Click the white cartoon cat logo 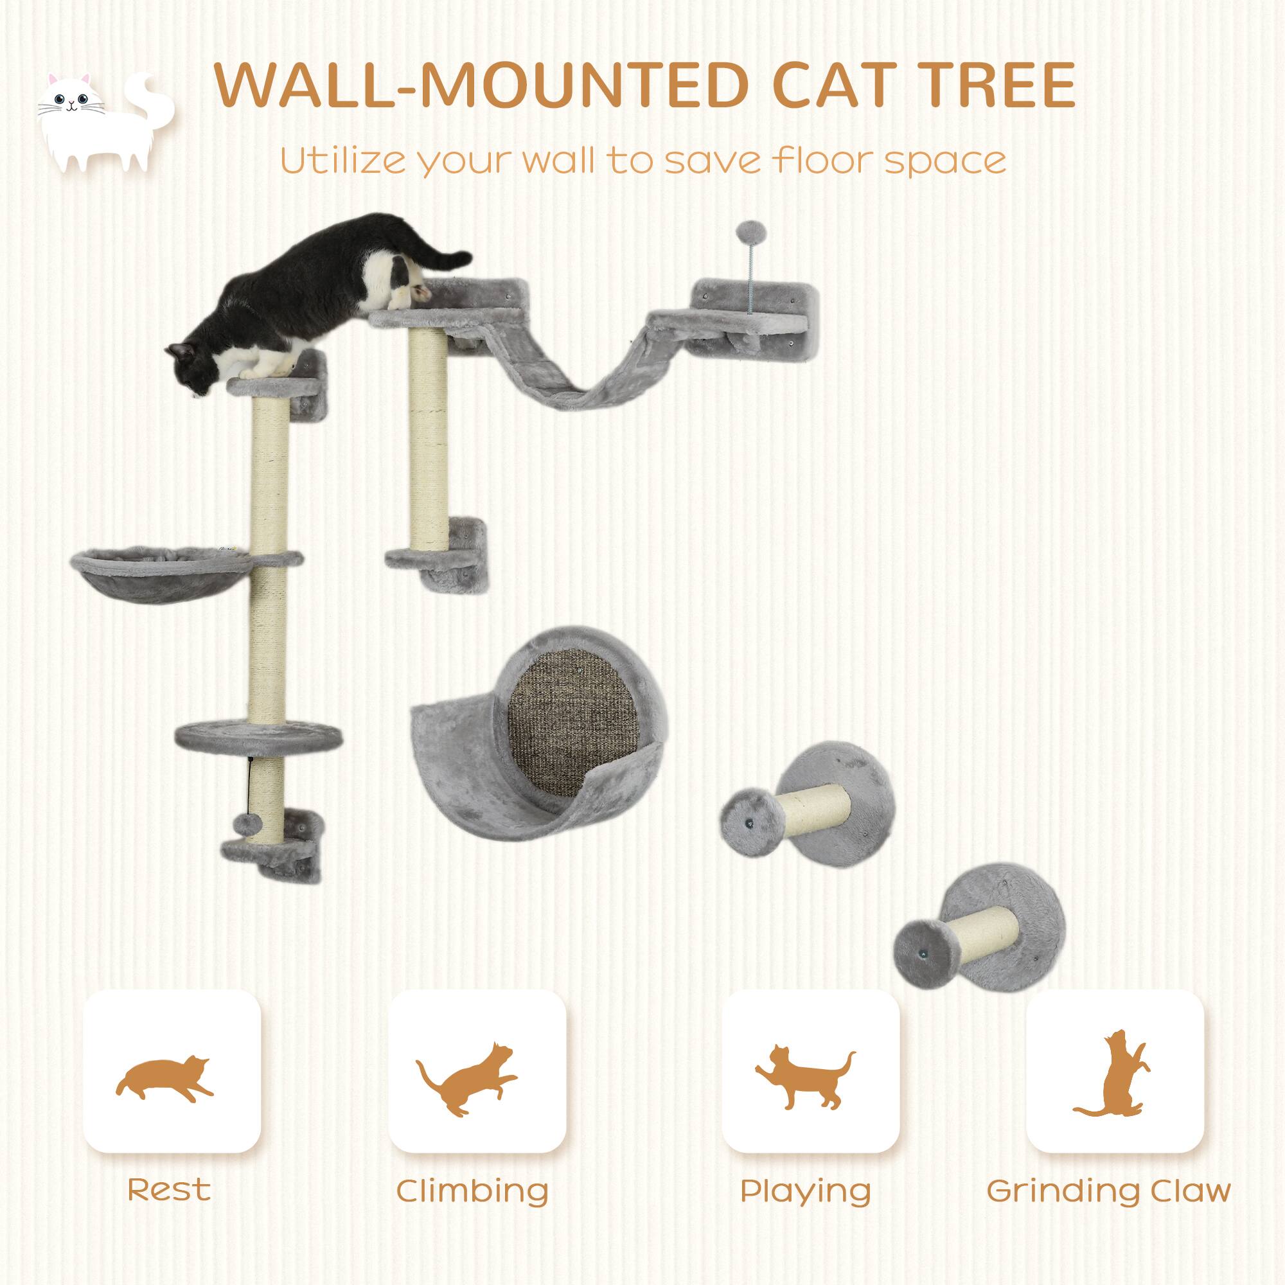[100, 123]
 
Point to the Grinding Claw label [1108, 1190]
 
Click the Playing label [806, 1191]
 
